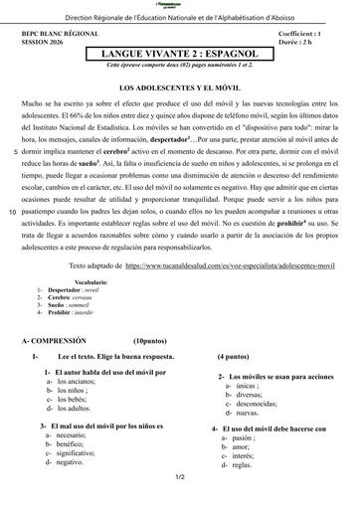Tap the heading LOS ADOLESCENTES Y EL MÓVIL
(x=179, y=88)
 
